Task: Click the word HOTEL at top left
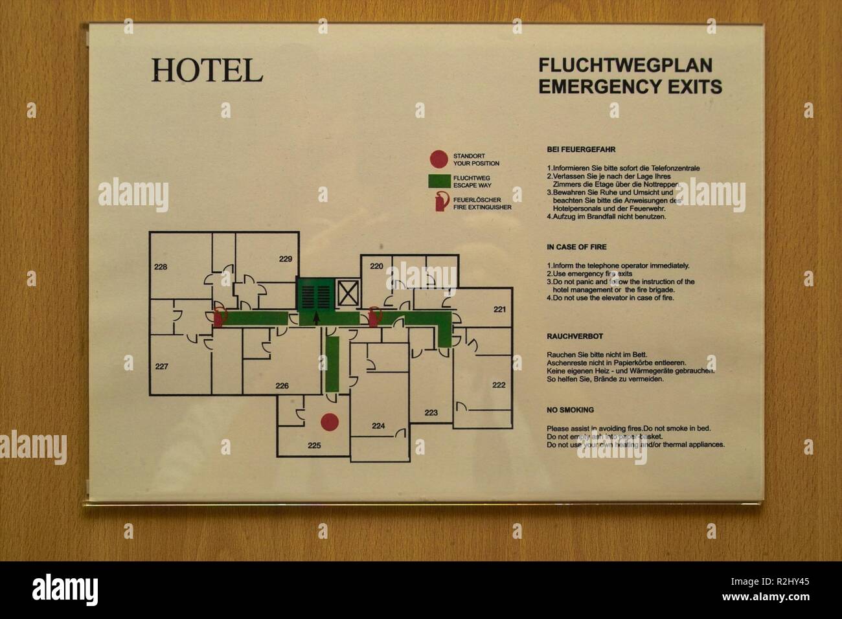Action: [207, 71]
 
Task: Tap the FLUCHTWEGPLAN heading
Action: [625, 65]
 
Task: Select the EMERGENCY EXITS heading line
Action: [630, 86]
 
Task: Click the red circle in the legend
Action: [438, 159]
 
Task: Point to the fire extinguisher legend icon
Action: [440, 202]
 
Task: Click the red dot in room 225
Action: [330, 422]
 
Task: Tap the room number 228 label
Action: [161, 267]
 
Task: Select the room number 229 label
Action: [286, 259]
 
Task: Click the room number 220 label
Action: [376, 266]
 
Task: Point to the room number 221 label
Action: [499, 309]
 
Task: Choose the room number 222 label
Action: [498, 385]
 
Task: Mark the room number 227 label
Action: [161, 366]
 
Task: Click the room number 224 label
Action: [378, 425]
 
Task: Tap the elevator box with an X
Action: [348, 293]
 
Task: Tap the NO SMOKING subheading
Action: [570, 410]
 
